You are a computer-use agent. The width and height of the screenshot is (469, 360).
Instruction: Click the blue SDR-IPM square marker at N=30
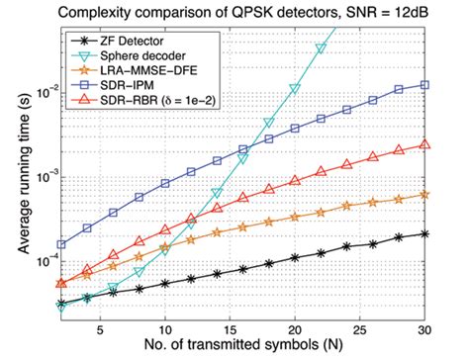coord(425,85)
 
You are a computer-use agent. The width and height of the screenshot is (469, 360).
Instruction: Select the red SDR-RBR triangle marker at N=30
coord(425,144)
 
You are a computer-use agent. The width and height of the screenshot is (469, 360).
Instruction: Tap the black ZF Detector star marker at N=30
coord(425,234)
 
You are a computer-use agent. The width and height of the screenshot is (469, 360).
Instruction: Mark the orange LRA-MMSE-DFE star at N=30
coord(425,195)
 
